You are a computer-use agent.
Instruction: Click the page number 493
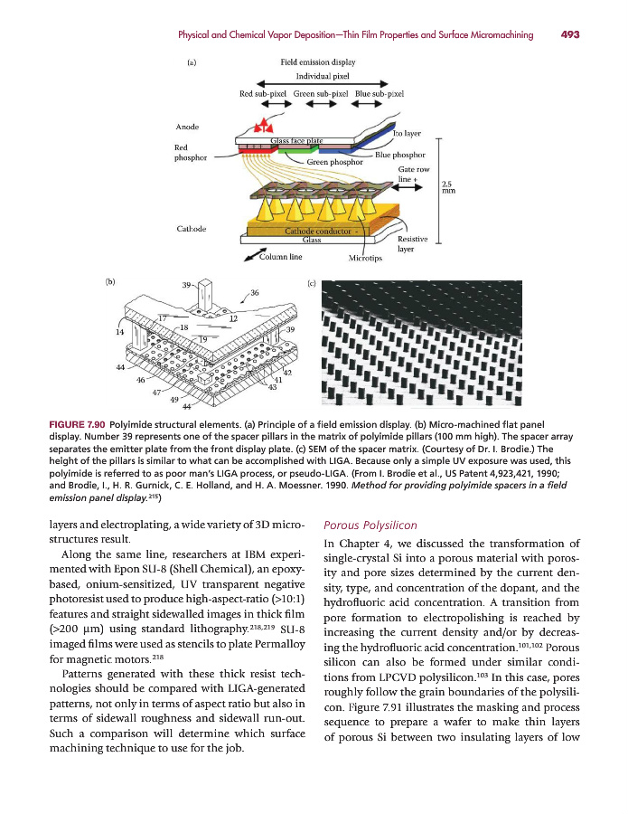(x=569, y=35)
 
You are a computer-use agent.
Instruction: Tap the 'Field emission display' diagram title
(x=318, y=63)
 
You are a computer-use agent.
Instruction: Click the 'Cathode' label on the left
(x=191, y=228)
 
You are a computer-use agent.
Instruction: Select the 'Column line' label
(x=279, y=256)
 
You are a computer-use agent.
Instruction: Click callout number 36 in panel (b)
(x=255, y=292)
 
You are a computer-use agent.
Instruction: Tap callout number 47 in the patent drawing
(x=157, y=393)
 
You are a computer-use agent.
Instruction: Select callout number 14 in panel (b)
(x=120, y=332)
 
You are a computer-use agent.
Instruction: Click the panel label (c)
(x=312, y=283)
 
